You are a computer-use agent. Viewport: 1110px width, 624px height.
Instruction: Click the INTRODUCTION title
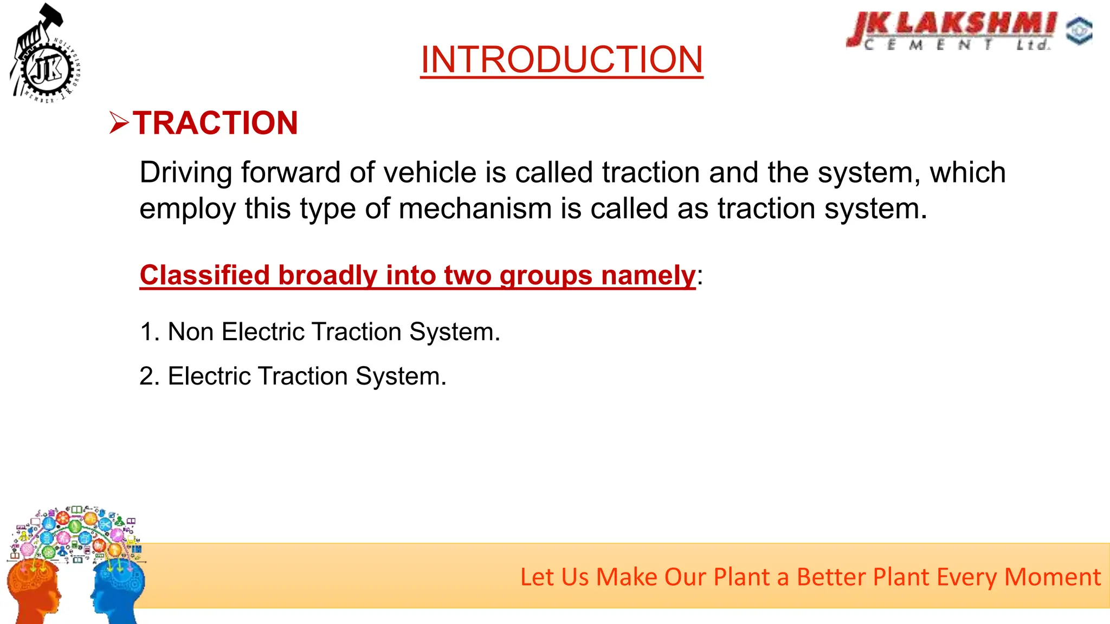coord(562,60)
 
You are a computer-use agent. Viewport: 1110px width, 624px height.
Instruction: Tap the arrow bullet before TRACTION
coord(119,123)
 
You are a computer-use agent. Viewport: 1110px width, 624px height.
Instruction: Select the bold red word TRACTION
coord(216,123)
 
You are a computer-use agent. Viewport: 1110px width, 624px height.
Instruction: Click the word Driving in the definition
coord(186,173)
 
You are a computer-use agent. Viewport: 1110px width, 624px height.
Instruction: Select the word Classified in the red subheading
coord(205,275)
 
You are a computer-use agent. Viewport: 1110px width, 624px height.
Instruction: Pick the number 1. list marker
coord(150,331)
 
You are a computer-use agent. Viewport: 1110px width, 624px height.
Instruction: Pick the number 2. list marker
coord(150,376)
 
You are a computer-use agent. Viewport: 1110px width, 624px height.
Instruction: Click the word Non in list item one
coord(191,331)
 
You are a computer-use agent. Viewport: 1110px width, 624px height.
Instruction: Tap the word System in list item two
coord(401,376)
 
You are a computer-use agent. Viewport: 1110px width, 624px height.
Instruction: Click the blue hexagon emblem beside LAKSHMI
coord(1079,30)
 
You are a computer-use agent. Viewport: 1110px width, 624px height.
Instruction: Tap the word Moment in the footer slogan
coord(1052,577)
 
